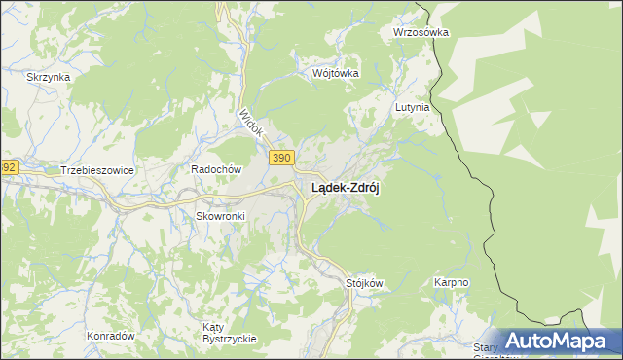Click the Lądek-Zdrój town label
coord(345,190)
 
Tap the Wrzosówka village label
coord(421,31)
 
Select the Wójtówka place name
coord(336,73)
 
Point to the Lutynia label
coord(412,108)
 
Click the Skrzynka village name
coord(48,77)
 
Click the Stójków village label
coord(365,283)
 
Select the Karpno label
coord(451,283)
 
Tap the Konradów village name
coord(110,336)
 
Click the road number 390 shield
coord(281,159)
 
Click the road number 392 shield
coord(7,167)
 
